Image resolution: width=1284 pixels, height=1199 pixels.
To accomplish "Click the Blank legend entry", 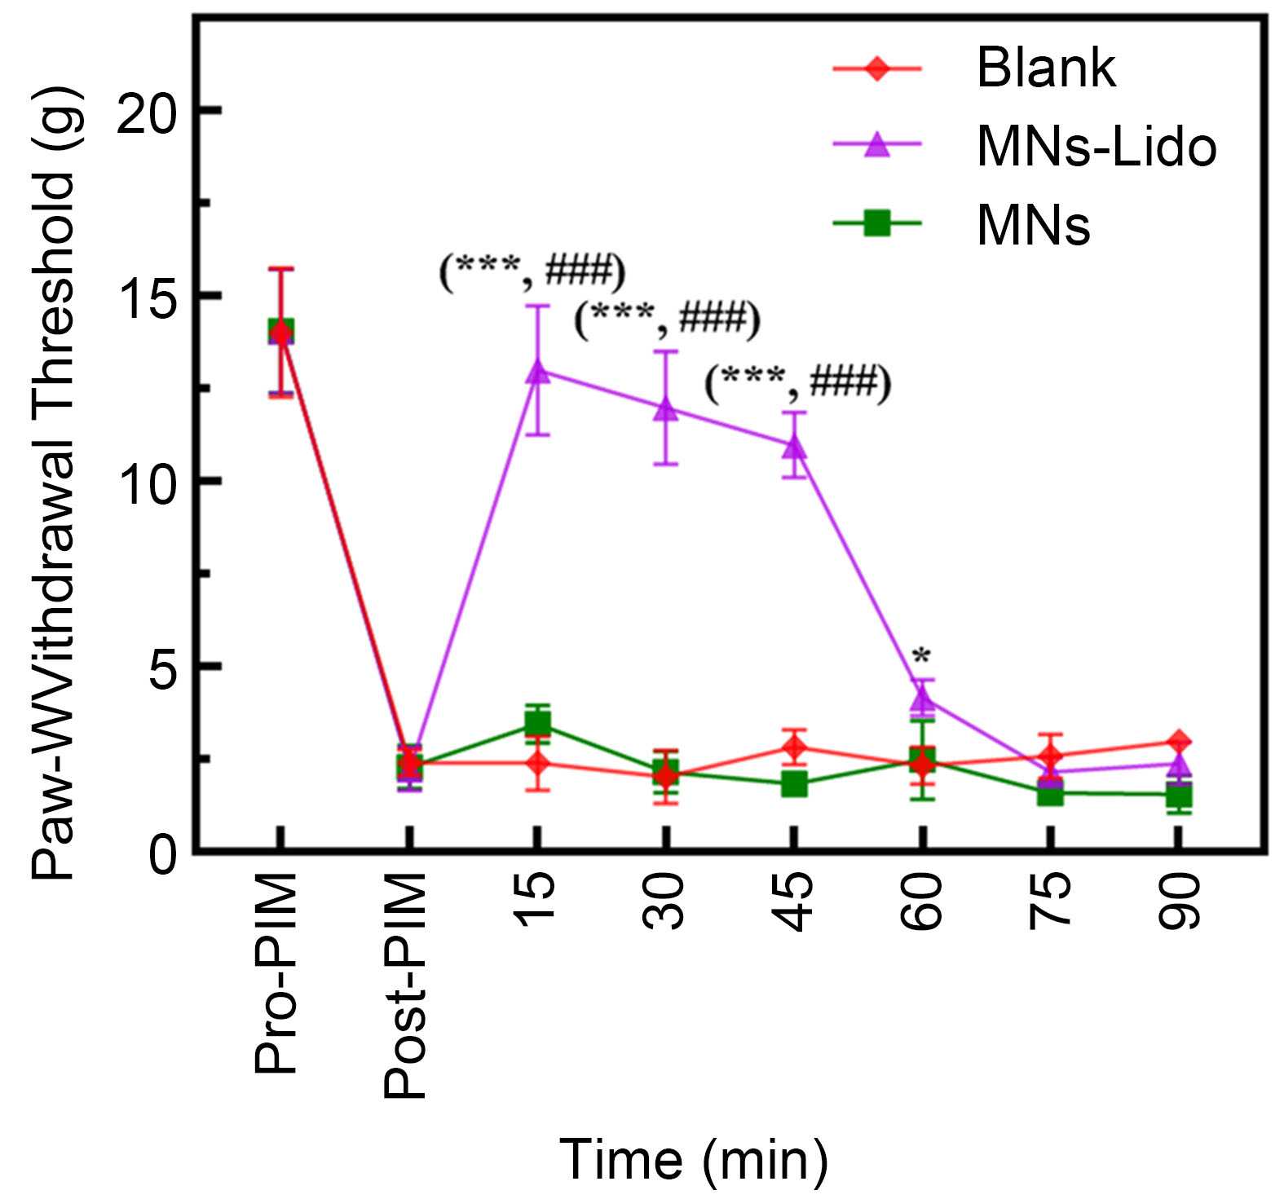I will pyautogui.click(x=1046, y=68).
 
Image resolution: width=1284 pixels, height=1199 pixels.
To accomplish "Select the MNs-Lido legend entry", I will pyautogui.click(x=1096, y=147).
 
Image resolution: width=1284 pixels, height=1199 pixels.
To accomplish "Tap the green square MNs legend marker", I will pyautogui.click(x=876, y=223).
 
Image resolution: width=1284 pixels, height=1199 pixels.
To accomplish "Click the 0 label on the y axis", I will pyautogui.click(x=162, y=856).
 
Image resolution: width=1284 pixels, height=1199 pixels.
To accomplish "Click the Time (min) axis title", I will pyautogui.click(x=694, y=1159).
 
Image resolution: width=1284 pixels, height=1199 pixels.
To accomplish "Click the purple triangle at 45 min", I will pyautogui.click(x=795, y=446).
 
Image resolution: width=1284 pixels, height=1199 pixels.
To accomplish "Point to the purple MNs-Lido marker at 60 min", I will pyautogui.click(x=922, y=698).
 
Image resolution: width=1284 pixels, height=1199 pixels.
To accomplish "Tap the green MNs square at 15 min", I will pyautogui.click(x=538, y=723).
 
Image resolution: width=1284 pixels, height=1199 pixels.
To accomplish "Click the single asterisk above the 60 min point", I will pyautogui.click(x=922, y=655).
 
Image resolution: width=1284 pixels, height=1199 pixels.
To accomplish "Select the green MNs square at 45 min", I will pyautogui.click(x=795, y=785).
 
